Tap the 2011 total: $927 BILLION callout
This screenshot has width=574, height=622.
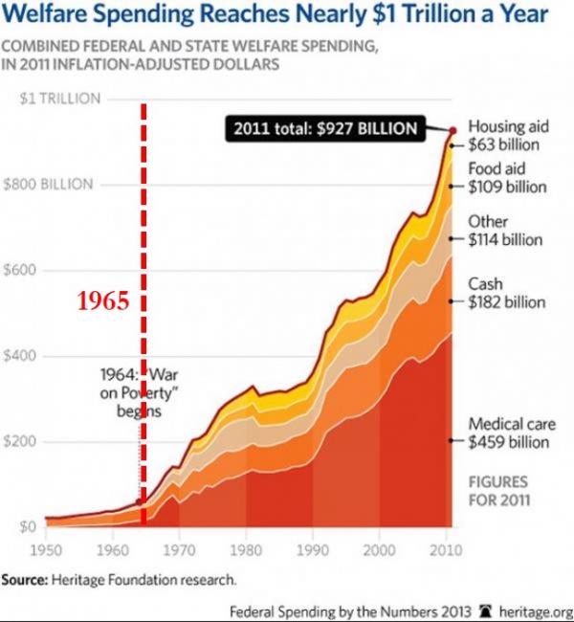pos(323,129)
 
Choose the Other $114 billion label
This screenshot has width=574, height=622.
pos(505,231)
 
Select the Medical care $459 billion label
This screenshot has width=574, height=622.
pos(512,433)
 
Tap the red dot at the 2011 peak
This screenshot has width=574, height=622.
pos(453,129)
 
